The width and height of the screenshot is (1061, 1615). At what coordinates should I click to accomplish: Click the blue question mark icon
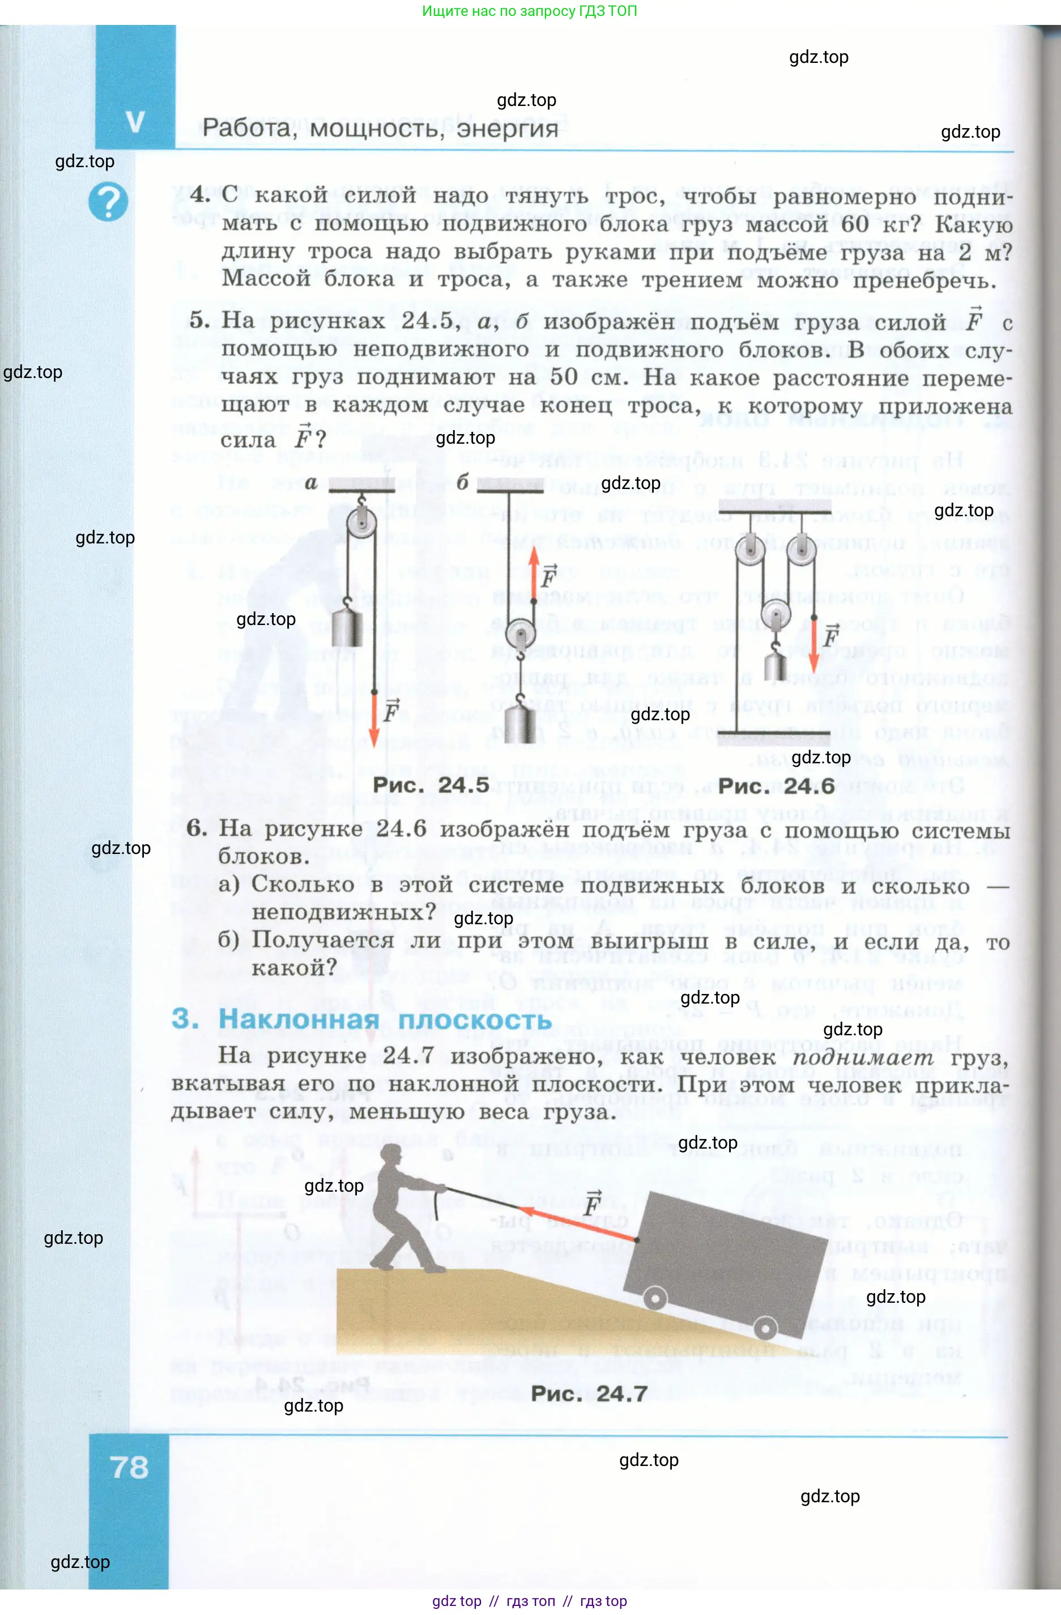click(108, 202)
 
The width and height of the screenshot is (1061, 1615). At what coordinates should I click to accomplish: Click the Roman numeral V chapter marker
click(135, 122)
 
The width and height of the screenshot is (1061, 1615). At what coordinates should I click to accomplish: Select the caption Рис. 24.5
click(431, 785)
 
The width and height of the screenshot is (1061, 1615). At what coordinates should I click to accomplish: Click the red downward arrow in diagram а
click(374, 719)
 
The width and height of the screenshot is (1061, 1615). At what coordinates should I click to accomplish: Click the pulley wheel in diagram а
click(361, 523)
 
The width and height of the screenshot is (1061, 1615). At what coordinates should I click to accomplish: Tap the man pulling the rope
click(404, 1205)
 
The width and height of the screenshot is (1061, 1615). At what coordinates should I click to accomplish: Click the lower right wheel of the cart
click(765, 1327)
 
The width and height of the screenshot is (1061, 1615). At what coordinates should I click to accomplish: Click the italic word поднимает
click(863, 1056)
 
